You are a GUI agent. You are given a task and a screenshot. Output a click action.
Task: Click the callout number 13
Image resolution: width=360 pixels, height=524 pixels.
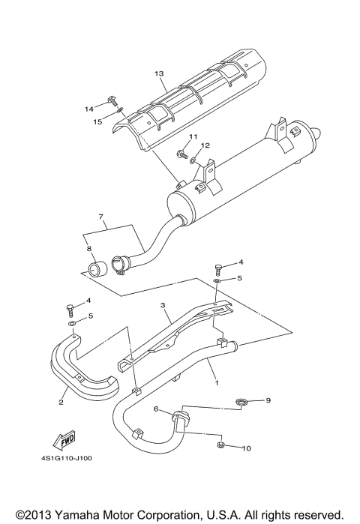(x=158, y=73)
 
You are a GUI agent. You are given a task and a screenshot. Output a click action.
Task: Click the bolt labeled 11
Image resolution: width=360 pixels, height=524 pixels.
(x=181, y=155)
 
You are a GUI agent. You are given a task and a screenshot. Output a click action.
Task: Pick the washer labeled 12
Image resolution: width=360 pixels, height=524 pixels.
(x=194, y=159)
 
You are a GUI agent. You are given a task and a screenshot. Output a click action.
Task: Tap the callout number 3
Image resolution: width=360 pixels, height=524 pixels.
(x=161, y=306)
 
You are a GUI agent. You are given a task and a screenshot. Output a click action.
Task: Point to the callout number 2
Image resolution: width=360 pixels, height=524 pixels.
(x=61, y=401)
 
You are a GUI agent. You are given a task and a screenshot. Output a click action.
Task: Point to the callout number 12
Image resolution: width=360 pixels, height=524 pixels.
(x=205, y=145)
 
